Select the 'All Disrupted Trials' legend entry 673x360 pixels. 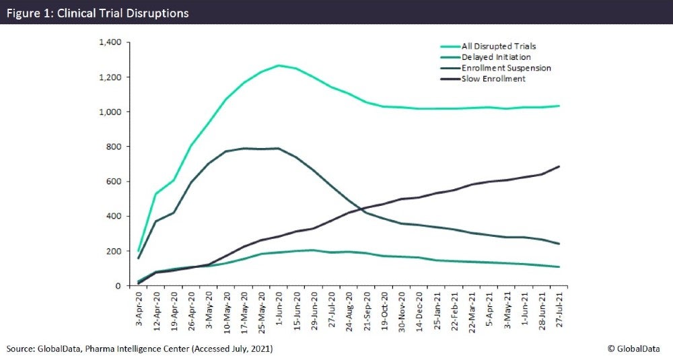(498, 46)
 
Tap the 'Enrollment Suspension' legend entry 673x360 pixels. (506, 68)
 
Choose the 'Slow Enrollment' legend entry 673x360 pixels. (493, 79)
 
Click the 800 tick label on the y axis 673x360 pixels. (112, 147)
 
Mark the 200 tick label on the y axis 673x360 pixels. (112, 251)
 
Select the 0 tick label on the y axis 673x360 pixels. (117, 286)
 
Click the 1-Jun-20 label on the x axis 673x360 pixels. (278, 310)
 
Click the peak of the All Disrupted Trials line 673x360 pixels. (278, 65)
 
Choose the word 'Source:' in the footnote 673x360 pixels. (21, 349)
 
